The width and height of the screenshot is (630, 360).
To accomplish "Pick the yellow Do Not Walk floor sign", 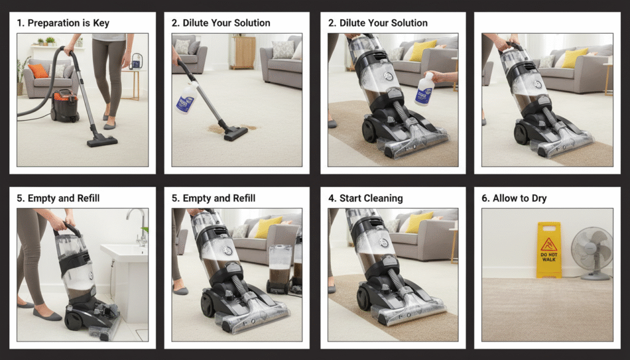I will tap(549, 249).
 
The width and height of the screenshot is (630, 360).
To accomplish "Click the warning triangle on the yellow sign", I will tap(549, 244).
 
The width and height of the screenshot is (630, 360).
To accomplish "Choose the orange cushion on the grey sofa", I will tap(39, 71).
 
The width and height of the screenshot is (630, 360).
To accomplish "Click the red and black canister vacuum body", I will tap(64, 105).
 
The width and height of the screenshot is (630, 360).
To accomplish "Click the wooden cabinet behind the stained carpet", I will tap(242, 52).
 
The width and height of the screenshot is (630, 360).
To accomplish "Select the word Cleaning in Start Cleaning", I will tap(383, 198).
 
